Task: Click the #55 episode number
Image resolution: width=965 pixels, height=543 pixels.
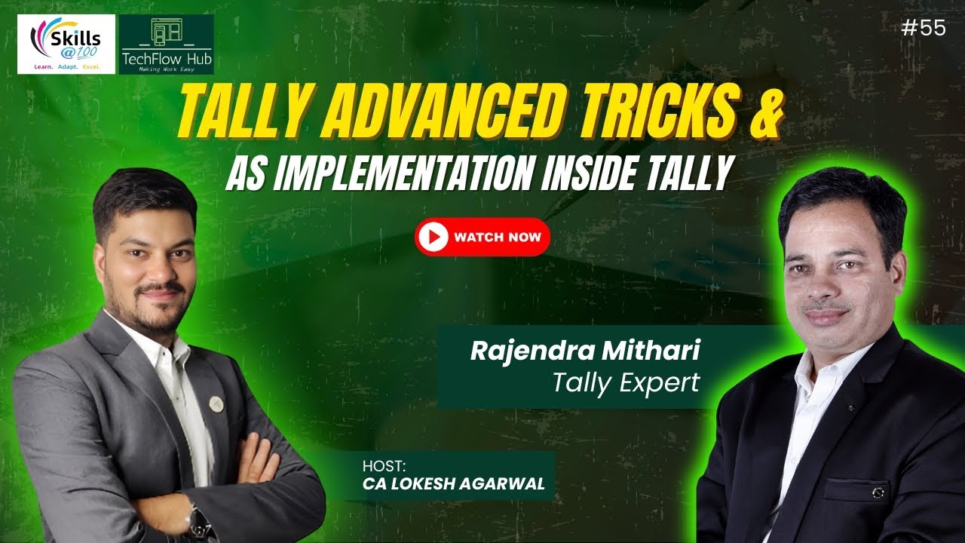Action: tap(923, 28)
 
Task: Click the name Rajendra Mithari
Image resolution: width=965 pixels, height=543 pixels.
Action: tap(586, 351)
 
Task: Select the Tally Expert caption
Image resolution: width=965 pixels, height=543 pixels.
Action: tap(626, 382)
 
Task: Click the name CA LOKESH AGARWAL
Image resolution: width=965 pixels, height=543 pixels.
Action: tap(453, 484)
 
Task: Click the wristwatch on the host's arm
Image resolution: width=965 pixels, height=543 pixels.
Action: tap(199, 520)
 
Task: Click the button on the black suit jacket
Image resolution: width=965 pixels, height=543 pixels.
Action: tap(877, 492)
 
